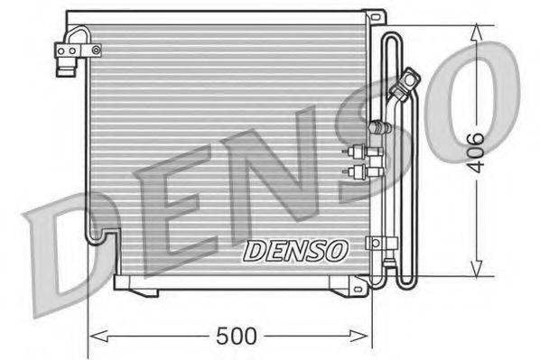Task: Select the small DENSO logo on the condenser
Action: click(293, 248)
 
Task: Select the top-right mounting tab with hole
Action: click(371, 17)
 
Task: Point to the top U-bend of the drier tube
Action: click(395, 38)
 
